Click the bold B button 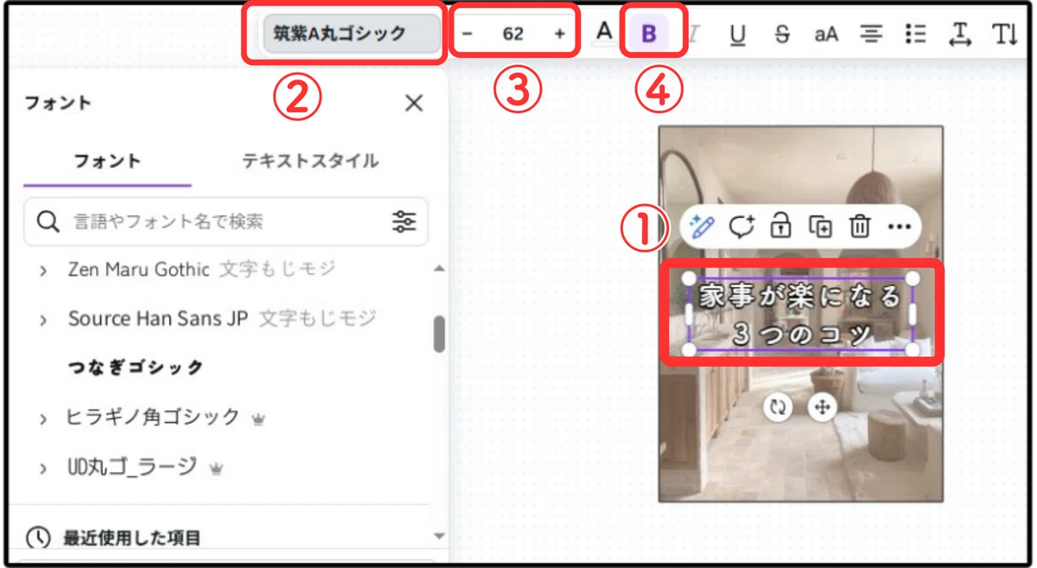click(x=649, y=34)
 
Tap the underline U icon click(x=737, y=35)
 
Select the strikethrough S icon click(x=782, y=35)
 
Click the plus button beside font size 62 click(x=559, y=34)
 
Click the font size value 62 click(x=513, y=34)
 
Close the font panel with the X click(x=414, y=103)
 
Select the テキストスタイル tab click(x=310, y=161)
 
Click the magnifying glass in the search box click(x=48, y=221)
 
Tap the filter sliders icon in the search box click(x=404, y=221)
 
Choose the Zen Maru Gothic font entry click(x=139, y=269)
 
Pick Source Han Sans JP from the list click(x=158, y=319)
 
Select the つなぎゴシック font click(x=135, y=367)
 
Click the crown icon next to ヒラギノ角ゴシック click(x=258, y=419)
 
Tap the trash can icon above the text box click(x=860, y=227)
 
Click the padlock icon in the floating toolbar click(x=780, y=226)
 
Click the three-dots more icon click(x=900, y=227)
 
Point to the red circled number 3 click(x=518, y=89)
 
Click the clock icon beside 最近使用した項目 click(x=38, y=538)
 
